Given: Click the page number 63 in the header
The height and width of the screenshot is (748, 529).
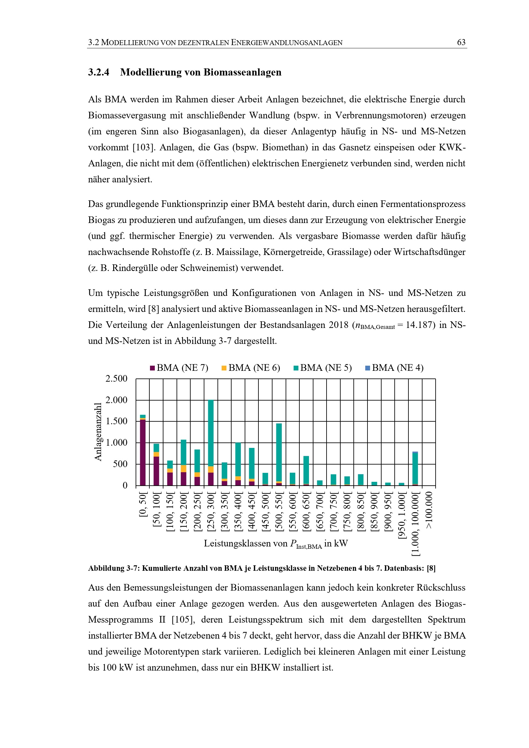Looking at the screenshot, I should tap(461, 42).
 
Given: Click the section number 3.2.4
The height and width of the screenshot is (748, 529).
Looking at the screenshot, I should tap(99, 72).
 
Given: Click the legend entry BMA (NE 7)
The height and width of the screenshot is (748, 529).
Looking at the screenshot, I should tap(179, 368).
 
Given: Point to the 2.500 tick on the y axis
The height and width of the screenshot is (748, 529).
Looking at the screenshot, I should tap(116, 378).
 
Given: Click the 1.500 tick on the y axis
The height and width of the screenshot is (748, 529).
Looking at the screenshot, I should tap(116, 421).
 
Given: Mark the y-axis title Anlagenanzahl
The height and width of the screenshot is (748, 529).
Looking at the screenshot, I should tap(98, 432).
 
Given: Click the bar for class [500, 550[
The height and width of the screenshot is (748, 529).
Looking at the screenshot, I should tap(279, 453).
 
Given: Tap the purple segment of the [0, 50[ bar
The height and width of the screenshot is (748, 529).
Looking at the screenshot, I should tap(143, 453).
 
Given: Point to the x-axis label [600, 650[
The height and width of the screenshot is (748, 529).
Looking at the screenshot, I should tap(306, 513).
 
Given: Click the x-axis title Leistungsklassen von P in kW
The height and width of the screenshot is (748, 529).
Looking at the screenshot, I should tap(276, 544).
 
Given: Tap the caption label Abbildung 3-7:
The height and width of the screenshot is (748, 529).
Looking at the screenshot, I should tap(114, 568).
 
